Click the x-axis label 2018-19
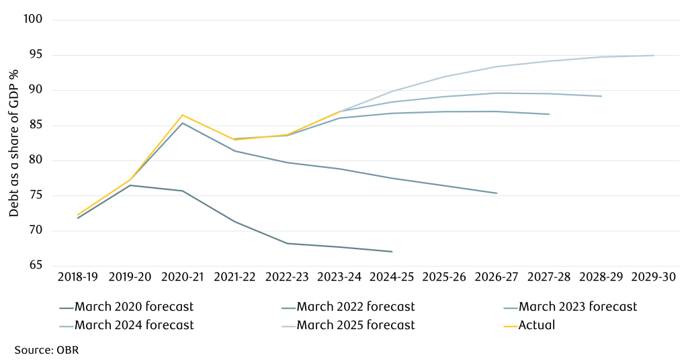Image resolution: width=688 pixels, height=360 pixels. coord(77,277)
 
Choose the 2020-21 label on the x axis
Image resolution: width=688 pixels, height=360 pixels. coord(182,277)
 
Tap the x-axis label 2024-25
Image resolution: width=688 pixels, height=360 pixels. coord(392,277)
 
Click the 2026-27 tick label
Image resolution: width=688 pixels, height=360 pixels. coord(497,277)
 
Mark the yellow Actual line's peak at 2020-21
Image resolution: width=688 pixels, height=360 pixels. coord(182,115)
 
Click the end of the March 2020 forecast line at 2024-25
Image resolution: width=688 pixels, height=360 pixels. coord(392,252)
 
